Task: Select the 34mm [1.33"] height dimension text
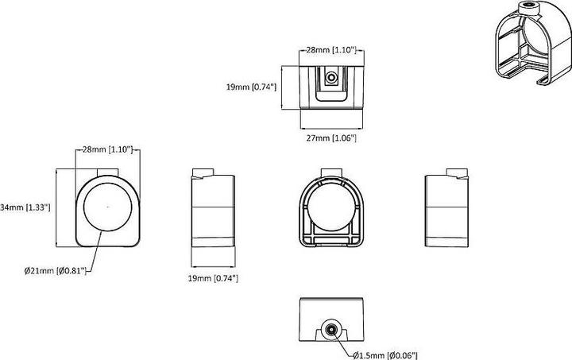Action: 26,207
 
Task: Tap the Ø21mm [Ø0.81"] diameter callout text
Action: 53,272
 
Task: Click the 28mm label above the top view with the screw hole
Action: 334,49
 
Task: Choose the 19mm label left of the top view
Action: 253,87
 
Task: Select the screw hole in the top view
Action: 332,78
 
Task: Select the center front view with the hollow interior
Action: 330,211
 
